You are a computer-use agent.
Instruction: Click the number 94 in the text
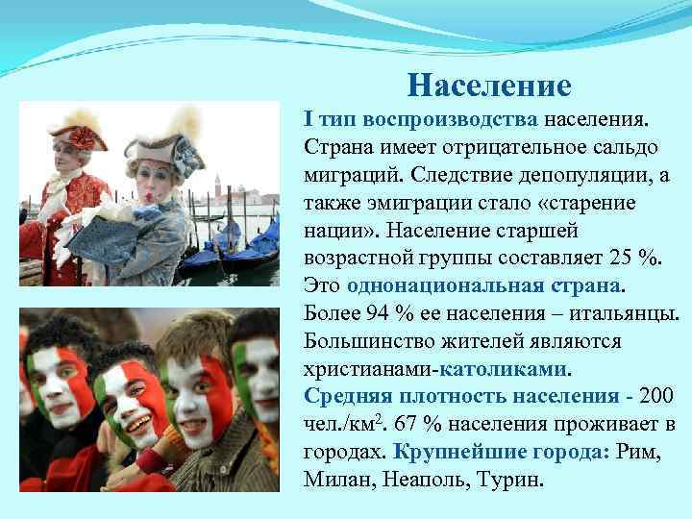point(374,315)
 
